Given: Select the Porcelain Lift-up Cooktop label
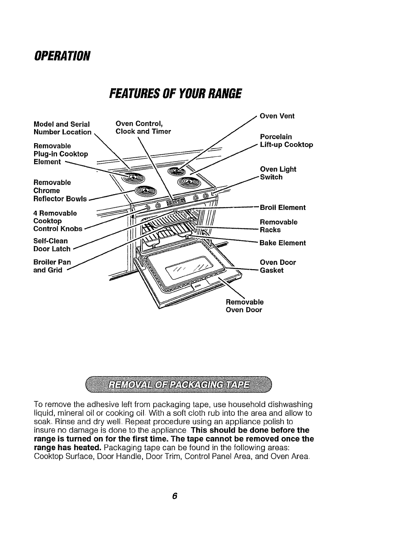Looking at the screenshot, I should tap(286, 141).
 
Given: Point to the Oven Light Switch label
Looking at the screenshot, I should tap(278, 173).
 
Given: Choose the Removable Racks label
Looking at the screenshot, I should tap(279, 226).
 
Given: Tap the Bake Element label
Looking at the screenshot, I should tap(283, 243).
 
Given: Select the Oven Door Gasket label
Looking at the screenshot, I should tap(278, 266).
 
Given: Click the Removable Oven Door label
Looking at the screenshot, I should tap(244, 306).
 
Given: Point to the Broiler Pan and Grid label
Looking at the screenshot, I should tap(52, 266).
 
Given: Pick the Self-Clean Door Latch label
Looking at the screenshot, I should tap(52, 245).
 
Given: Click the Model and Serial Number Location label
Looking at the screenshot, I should tap(62, 128).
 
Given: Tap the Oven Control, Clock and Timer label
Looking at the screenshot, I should tap(143, 127).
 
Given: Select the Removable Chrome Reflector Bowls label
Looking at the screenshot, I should tap(60, 191).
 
